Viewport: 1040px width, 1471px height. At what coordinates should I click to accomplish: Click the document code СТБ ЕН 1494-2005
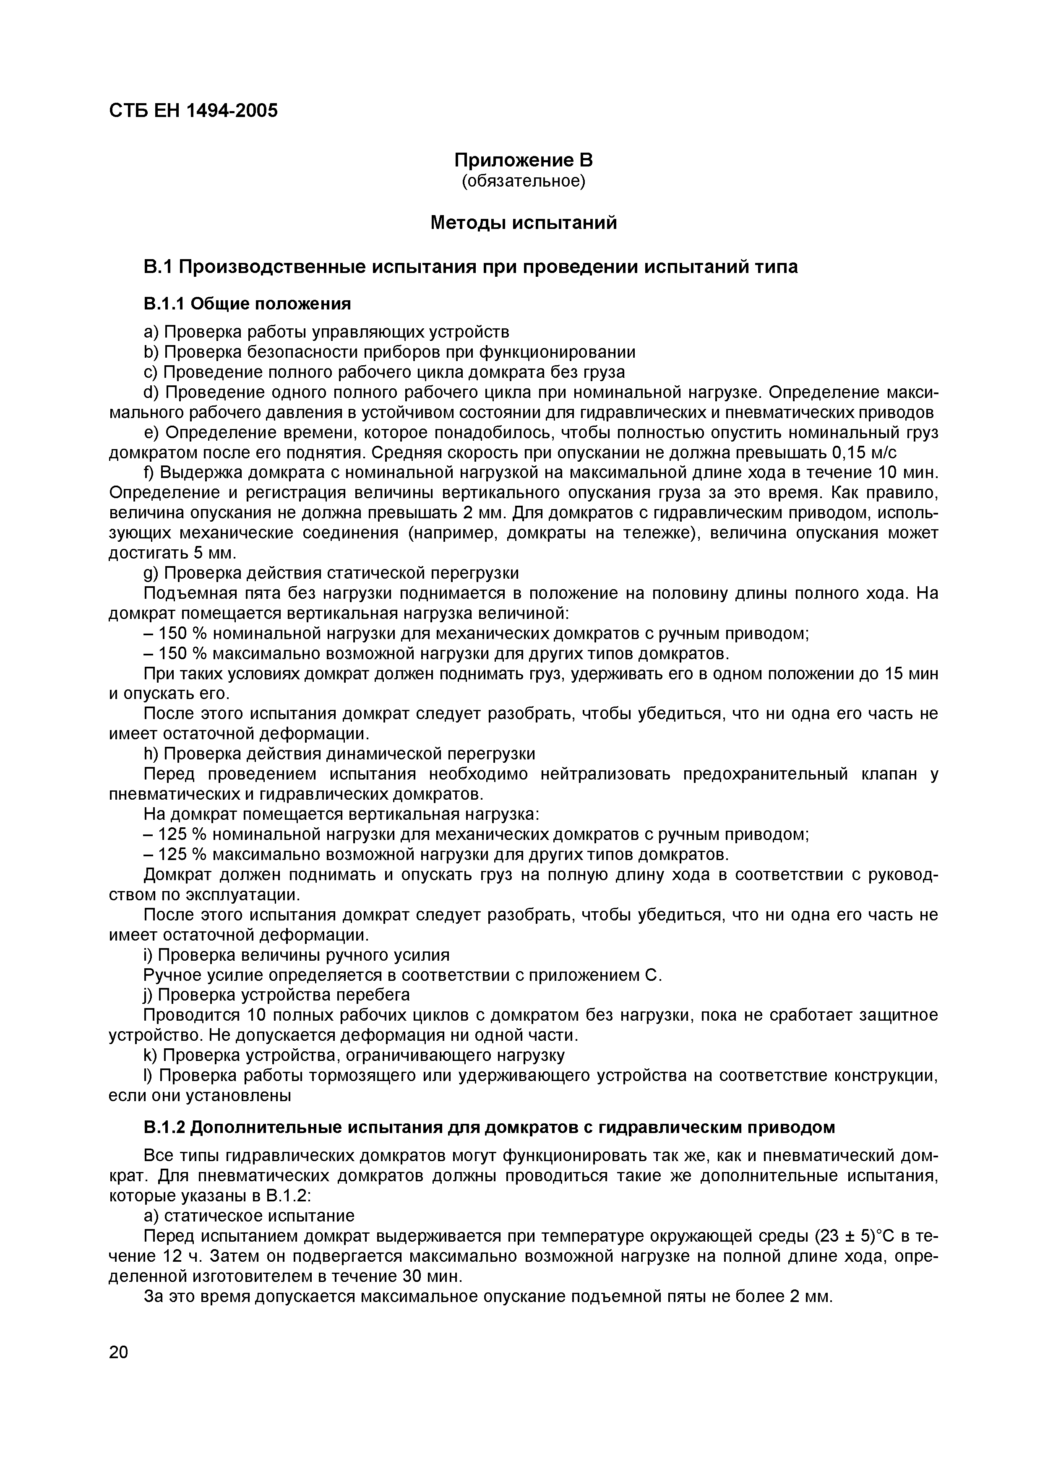[x=193, y=111]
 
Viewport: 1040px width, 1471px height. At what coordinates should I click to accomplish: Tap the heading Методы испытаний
[x=524, y=223]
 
